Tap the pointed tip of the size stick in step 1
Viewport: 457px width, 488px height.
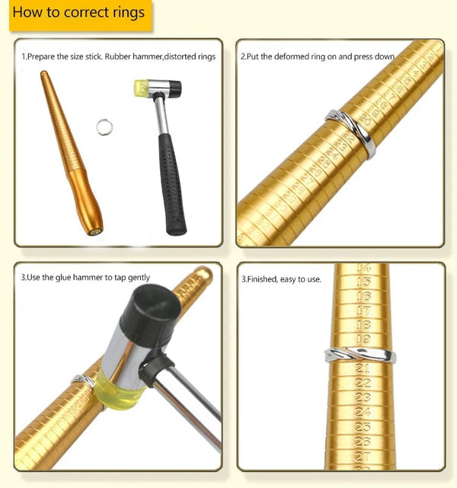click(45, 75)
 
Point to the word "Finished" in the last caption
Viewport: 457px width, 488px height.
click(262, 279)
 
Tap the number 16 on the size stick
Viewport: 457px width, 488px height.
click(363, 296)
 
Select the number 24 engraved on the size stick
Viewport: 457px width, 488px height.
click(363, 413)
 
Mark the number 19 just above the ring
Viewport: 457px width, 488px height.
click(363, 339)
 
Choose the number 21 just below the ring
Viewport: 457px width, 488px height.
click(363, 369)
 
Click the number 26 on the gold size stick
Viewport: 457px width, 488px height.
click(363, 441)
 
